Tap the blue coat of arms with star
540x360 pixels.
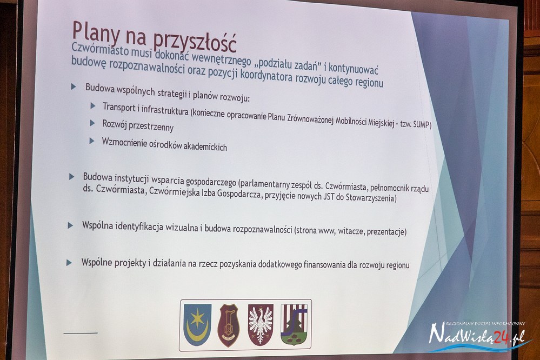(x=197, y=324)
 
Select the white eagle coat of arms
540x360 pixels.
(x=261, y=324)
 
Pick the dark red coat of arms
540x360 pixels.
(x=229, y=325)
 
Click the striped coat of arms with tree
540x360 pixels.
(x=294, y=324)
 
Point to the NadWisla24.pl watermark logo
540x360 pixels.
(x=479, y=336)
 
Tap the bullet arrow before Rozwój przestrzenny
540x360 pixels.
(x=92, y=123)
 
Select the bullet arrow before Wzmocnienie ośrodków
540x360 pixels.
(x=91, y=141)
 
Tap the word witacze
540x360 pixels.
(x=351, y=231)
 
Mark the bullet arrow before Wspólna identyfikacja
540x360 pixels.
(x=70, y=225)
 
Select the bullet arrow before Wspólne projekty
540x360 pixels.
(x=69, y=263)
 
